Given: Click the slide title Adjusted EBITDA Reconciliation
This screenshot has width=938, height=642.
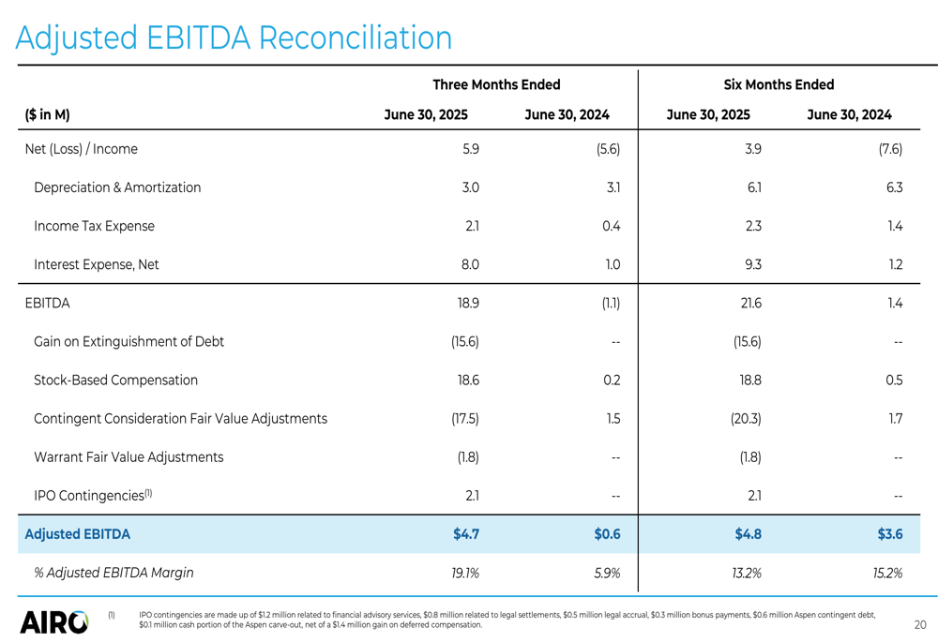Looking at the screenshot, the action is coord(234,37).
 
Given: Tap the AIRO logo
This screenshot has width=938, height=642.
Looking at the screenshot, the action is coord(53,622).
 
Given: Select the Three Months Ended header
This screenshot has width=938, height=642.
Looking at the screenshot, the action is coord(496,85).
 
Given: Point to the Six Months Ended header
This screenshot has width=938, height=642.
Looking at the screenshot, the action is coord(779,85).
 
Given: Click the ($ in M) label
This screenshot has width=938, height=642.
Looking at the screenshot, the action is coord(47,114).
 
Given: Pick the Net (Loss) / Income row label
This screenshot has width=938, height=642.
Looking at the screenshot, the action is coord(82,149).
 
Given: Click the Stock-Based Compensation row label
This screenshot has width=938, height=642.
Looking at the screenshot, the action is coord(115,381).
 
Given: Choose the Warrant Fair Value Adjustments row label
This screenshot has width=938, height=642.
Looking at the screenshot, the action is coord(129,457).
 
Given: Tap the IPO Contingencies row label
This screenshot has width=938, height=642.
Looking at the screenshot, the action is coord(93,495).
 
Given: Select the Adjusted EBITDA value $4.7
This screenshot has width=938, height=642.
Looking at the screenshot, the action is coord(466,534).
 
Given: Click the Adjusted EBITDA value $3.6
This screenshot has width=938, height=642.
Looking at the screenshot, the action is coord(890,534).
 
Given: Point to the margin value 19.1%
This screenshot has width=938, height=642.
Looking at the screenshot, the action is coord(465,574).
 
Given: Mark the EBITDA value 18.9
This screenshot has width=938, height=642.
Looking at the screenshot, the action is coord(468,303).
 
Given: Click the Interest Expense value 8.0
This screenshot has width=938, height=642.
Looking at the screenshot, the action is coord(470,265).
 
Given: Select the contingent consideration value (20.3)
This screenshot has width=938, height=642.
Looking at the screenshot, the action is coord(746,418).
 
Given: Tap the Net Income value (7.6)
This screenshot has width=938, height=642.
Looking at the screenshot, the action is coord(890,149).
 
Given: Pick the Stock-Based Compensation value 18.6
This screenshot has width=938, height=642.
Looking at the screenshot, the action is coord(468,381).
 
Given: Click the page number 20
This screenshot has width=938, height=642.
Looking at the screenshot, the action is coord(920,625).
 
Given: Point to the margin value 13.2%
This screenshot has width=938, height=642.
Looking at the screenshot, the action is coord(747,574).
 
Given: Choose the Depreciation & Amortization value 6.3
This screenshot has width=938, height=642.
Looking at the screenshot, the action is coord(894,187).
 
